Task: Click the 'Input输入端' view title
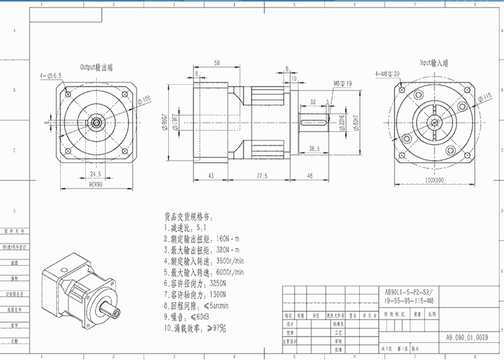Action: click(433, 63)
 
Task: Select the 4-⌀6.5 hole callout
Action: click(51, 76)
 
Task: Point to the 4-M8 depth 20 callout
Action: click(388, 73)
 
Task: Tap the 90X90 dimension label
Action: click(95, 184)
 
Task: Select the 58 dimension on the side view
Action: click(217, 63)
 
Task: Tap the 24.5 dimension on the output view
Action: click(95, 173)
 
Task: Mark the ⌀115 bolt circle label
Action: click(485, 96)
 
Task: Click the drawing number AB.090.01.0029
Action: click(467, 337)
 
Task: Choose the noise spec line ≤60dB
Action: click(188, 316)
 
